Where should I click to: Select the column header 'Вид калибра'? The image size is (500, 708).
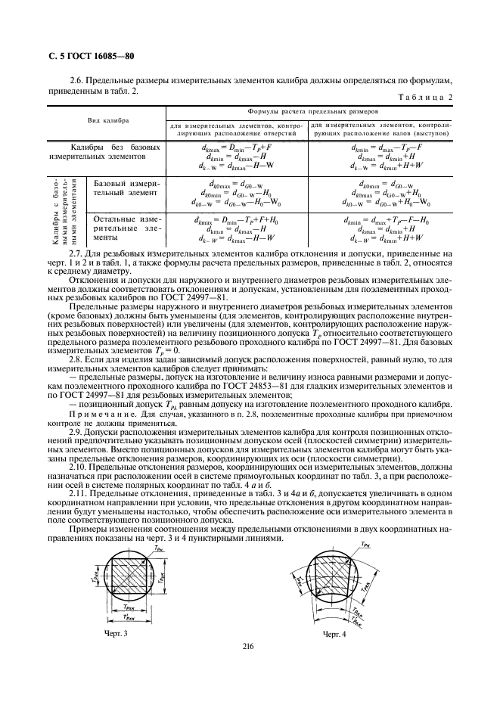(x=107, y=120)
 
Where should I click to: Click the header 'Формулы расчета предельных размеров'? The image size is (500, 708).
(x=313, y=110)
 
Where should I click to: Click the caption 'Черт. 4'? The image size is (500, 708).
(x=334, y=633)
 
